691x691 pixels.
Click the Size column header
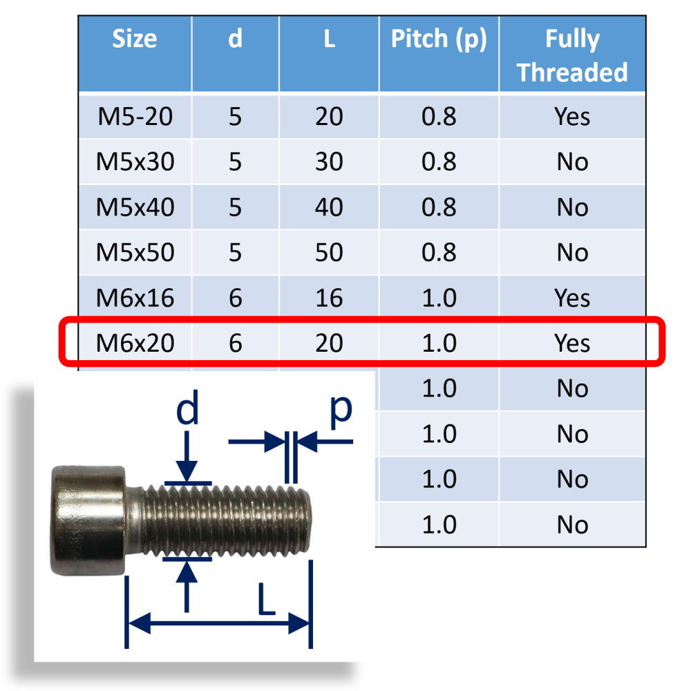point(135,39)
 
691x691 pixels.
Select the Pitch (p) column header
point(439,39)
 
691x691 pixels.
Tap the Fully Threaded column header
point(572,55)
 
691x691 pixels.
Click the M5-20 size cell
point(135,117)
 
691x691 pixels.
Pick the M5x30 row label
point(135,162)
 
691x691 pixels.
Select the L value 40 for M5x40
point(329,207)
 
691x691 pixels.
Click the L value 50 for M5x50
point(329,253)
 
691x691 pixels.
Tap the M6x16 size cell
point(135,298)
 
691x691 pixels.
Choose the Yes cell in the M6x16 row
point(572,298)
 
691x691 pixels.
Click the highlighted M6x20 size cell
point(135,343)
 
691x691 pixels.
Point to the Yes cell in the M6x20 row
point(572,343)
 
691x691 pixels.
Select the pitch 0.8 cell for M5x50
point(439,253)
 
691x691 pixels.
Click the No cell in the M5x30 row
point(572,162)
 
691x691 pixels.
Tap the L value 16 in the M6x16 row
point(329,298)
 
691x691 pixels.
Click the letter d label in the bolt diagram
point(187,410)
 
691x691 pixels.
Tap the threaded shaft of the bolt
point(228,520)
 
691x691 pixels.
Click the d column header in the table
point(235,39)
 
